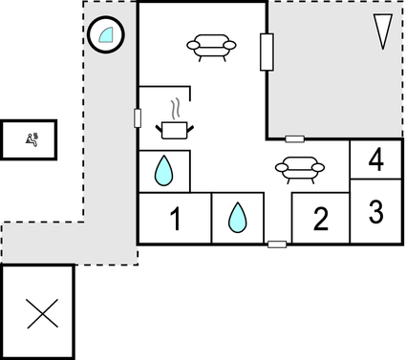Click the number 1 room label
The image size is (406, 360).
click(x=175, y=220)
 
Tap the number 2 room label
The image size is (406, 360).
click(x=320, y=220)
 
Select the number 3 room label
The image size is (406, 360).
click(x=375, y=211)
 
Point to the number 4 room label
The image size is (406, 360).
click(x=375, y=159)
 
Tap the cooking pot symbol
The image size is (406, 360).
click(x=174, y=128)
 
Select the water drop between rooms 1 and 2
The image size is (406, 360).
click(x=237, y=220)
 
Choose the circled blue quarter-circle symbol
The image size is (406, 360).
click(x=104, y=36)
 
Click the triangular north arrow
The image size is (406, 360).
click(x=383, y=31)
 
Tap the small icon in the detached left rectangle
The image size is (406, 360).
click(x=34, y=138)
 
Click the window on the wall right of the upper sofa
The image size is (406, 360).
click(x=267, y=53)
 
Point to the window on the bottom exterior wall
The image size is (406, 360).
click(x=277, y=244)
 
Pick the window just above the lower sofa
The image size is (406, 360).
click(x=295, y=139)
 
